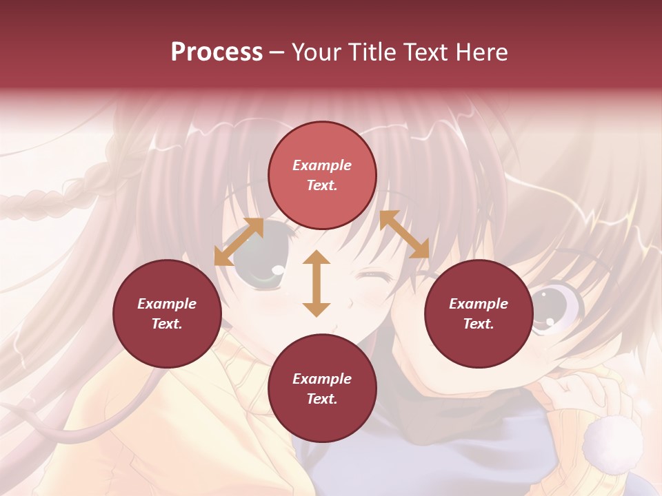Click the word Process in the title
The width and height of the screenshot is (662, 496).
pos(217,52)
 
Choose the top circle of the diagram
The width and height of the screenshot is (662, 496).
pos(322,175)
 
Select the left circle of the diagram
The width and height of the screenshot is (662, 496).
pos(167,313)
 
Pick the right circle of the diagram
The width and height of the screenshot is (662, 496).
pos(479,313)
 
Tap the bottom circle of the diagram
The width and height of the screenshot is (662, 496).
pos(322,389)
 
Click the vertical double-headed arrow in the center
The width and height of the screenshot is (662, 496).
pos(317,283)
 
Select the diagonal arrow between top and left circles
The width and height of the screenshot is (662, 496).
pos(239,241)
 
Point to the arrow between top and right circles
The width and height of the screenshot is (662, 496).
pos(404,234)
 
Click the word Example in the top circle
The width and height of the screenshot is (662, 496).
pos(322,165)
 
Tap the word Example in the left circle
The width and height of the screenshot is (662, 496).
pos(167,304)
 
